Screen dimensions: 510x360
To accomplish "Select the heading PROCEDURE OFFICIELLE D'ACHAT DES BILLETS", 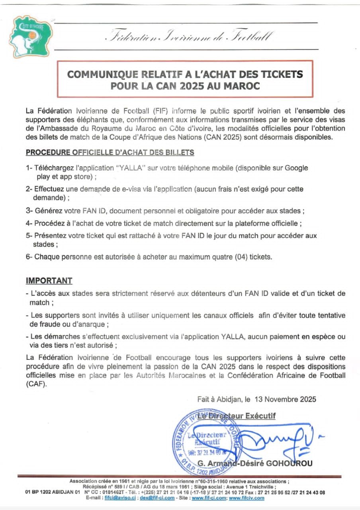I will click(x=110, y=152).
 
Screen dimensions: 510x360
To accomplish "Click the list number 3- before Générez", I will click(x=29, y=210).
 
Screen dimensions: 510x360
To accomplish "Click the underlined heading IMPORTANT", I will click(x=49, y=280).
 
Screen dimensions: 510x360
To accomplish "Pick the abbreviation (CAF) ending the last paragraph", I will click(x=36, y=384).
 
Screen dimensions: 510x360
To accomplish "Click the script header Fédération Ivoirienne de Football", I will click(x=188, y=37).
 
